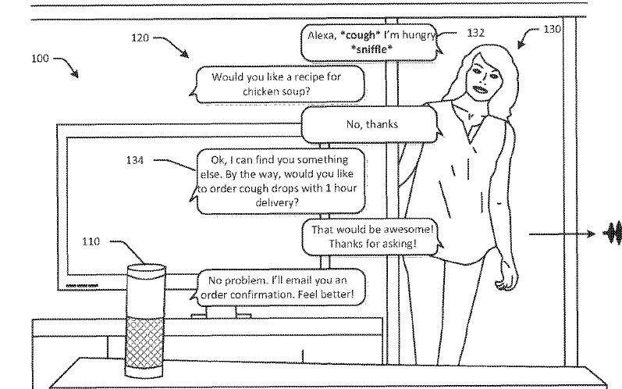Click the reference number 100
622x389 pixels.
[40, 59]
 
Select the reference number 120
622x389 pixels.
[140, 37]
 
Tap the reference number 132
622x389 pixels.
[475, 33]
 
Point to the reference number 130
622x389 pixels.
[553, 29]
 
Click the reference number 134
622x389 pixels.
[135, 160]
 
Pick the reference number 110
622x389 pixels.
[91, 241]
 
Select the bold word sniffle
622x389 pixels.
[371, 49]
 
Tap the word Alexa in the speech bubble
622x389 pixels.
[322, 36]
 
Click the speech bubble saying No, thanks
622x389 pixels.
[370, 125]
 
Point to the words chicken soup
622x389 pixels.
[276, 91]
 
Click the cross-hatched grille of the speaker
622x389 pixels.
[145, 343]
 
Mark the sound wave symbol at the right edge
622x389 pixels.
[613, 233]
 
